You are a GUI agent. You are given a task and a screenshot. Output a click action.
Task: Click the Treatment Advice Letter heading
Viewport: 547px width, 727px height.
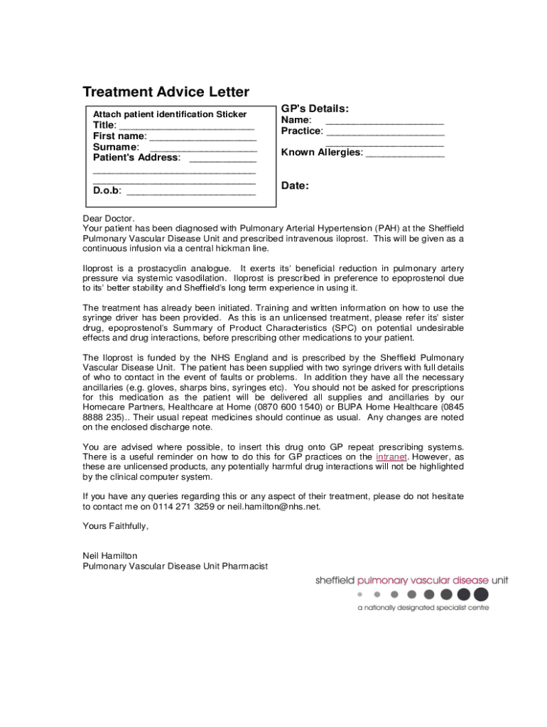166,92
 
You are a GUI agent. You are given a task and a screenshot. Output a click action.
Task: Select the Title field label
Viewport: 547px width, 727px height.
105,126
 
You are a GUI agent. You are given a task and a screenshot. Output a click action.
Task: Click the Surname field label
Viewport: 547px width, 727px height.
115,147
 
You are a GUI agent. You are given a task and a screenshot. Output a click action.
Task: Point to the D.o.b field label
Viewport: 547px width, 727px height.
107,191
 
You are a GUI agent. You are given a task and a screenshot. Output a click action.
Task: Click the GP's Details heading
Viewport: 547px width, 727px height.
315,109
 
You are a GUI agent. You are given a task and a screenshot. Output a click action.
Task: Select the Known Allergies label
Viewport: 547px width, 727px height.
321,153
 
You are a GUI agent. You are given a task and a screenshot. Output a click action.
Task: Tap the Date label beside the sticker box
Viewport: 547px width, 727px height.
295,186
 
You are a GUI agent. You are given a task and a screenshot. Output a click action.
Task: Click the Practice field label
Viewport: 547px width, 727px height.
302,131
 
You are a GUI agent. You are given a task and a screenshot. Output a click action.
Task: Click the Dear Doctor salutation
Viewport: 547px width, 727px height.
109,218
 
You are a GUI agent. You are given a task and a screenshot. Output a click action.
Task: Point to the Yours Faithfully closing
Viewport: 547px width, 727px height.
116,526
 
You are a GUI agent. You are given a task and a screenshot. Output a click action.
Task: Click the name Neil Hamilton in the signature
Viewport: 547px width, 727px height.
110,555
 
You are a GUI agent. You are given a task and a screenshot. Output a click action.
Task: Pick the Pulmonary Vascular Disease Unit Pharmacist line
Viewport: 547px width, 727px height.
175,566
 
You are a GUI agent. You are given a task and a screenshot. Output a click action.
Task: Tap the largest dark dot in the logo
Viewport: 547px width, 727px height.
481,594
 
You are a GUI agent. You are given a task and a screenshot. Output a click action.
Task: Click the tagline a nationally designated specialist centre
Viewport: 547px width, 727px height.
423,608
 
